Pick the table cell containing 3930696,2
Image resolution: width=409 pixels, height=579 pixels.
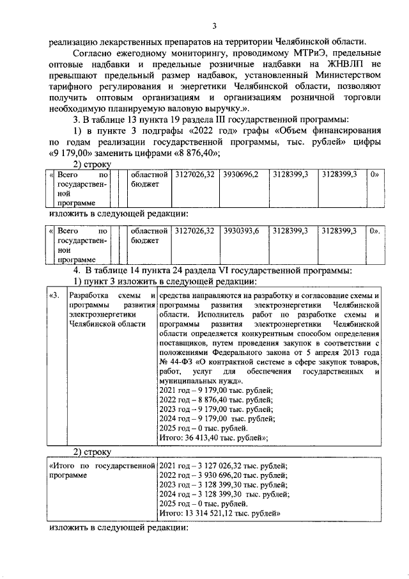pyautogui.click(x=242, y=175)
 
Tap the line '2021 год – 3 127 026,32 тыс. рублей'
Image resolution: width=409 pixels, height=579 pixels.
pyautogui.click(x=222, y=466)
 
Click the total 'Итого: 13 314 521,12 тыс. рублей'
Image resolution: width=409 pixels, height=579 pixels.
pyautogui.click(x=220, y=513)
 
